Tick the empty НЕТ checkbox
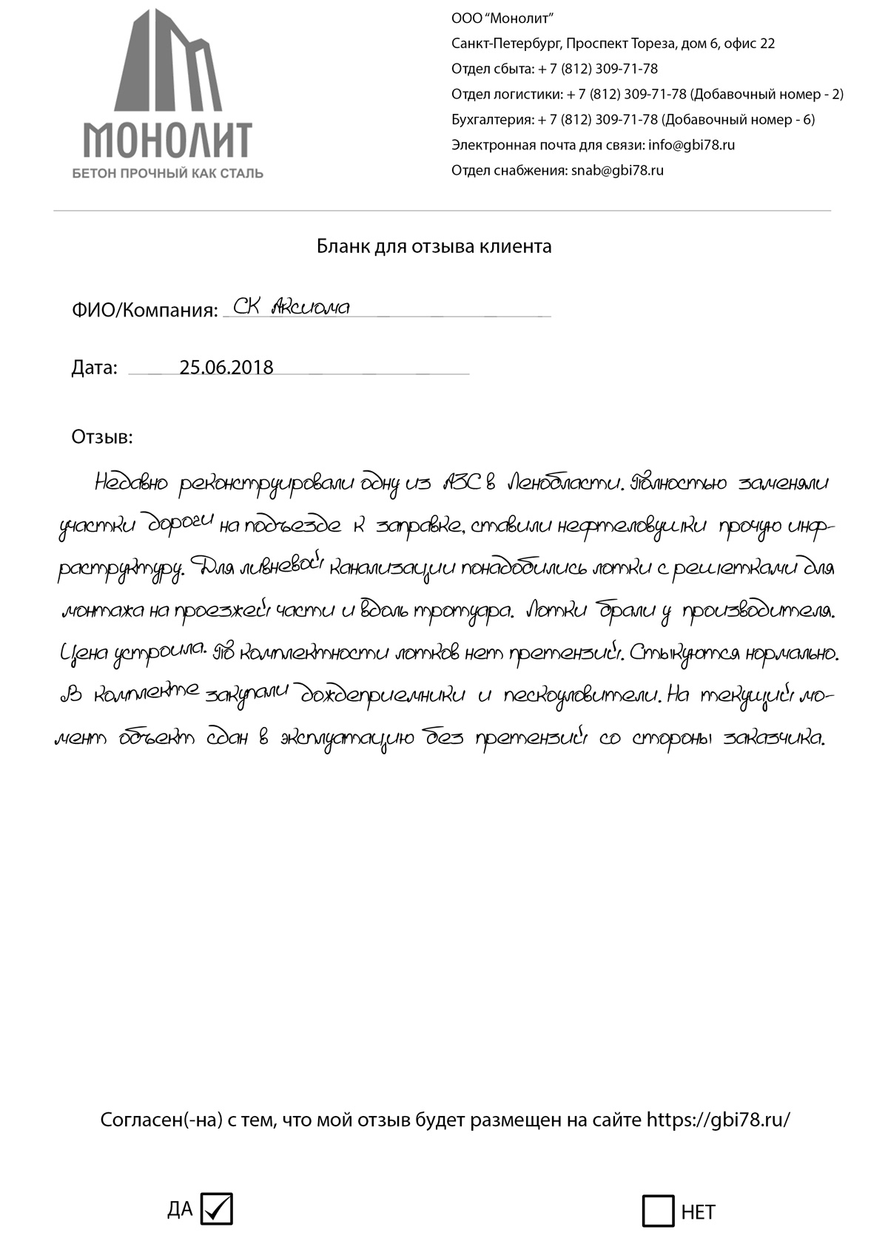(658, 1211)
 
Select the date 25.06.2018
(226, 368)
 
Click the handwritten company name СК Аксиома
(291, 306)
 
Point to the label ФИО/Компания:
(145, 310)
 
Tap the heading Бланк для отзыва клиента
(434, 246)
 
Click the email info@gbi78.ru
(691, 145)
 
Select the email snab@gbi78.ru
(617, 170)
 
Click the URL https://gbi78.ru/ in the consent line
(718, 1120)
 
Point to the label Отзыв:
(102, 437)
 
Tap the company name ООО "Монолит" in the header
(502, 18)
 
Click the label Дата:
(95, 368)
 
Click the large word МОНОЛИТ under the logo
(167, 139)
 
